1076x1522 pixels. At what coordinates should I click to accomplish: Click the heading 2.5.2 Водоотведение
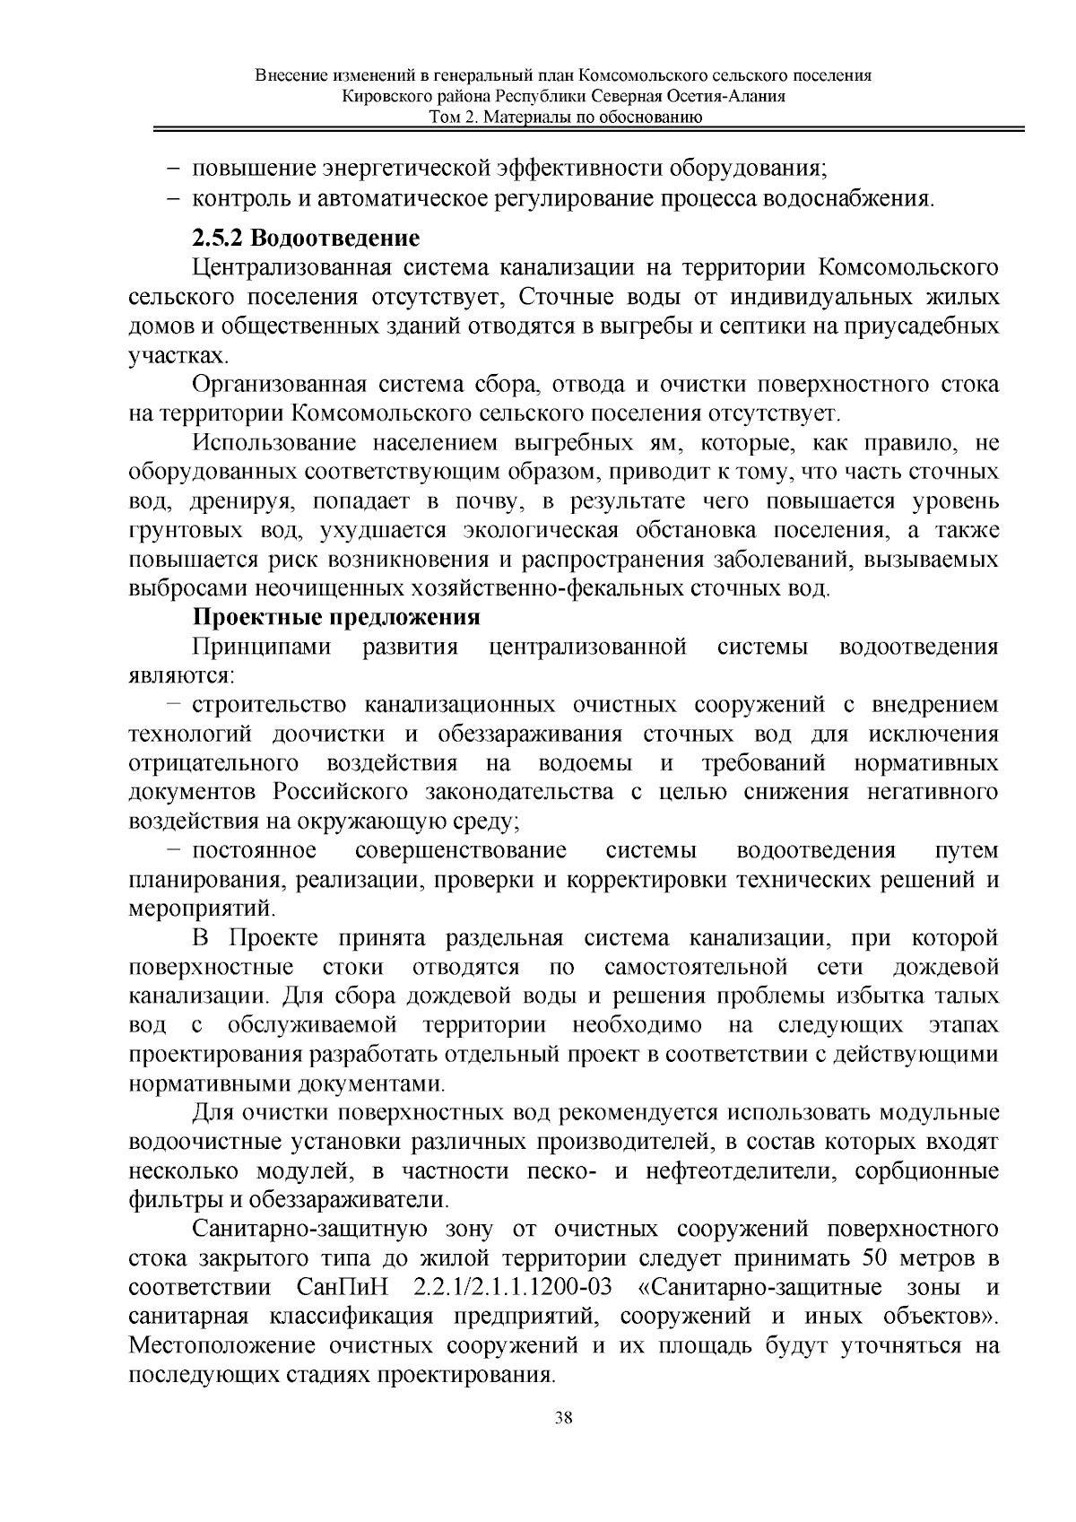pos(305,239)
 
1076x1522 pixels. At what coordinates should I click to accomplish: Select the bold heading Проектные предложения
pos(336,618)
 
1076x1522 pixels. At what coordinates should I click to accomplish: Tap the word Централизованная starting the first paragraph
pos(294,268)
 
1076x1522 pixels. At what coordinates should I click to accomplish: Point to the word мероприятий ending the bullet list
pos(200,909)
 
